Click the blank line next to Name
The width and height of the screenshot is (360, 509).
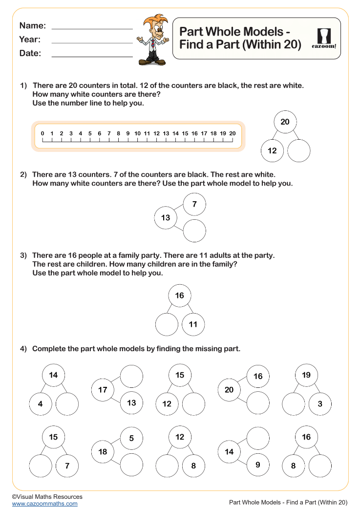coord(92,28)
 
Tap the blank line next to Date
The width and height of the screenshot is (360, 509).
coord(92,56)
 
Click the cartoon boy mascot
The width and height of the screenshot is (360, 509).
coord(153,40)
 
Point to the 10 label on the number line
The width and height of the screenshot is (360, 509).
coord(137,133)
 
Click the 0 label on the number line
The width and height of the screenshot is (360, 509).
coord(42,133)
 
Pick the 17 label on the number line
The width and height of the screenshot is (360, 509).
coord(204,133)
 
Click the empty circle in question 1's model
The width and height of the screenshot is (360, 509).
coord(299,151)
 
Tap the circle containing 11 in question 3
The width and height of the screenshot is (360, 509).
coord(193,324)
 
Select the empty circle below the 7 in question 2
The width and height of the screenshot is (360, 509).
coord(194,231)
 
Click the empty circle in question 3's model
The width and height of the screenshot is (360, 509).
coord(167,324)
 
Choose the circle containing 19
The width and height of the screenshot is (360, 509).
coord(306,375)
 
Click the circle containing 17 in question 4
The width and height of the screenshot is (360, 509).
coord(103,390)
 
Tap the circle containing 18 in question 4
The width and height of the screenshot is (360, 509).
coord(103,452)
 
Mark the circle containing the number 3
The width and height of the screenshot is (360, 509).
coord(320,404)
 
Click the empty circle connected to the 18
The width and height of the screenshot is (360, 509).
coord(131,465)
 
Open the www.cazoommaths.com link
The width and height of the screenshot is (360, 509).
coord(44,504)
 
